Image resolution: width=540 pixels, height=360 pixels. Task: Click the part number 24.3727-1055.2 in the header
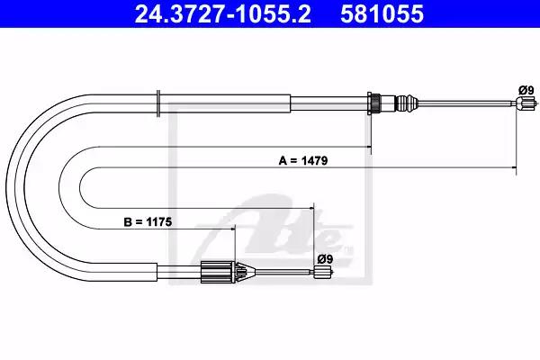pyautogui.click(x=223, y=14)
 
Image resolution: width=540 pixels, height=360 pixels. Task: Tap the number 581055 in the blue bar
pyautogui.click(x=382, y=14)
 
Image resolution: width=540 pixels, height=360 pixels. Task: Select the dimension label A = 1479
pyautogui.click(x=303, y=160)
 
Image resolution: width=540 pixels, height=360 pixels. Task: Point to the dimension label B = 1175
pyautogui.click(x=148, y=222)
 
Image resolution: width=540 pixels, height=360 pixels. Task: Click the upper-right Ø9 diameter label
pyautogui.click(x=526, y=91)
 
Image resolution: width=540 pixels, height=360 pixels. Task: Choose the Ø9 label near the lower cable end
pyautogui.click(x=325, y=259)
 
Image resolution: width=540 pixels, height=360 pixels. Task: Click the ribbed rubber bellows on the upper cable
pyautogui.click(x=406, y=103)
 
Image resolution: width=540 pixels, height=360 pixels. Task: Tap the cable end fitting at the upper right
pyautogui.click(x=526, y=103)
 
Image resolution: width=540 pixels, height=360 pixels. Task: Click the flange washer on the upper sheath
pyautogui.click(x=158, y=103)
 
